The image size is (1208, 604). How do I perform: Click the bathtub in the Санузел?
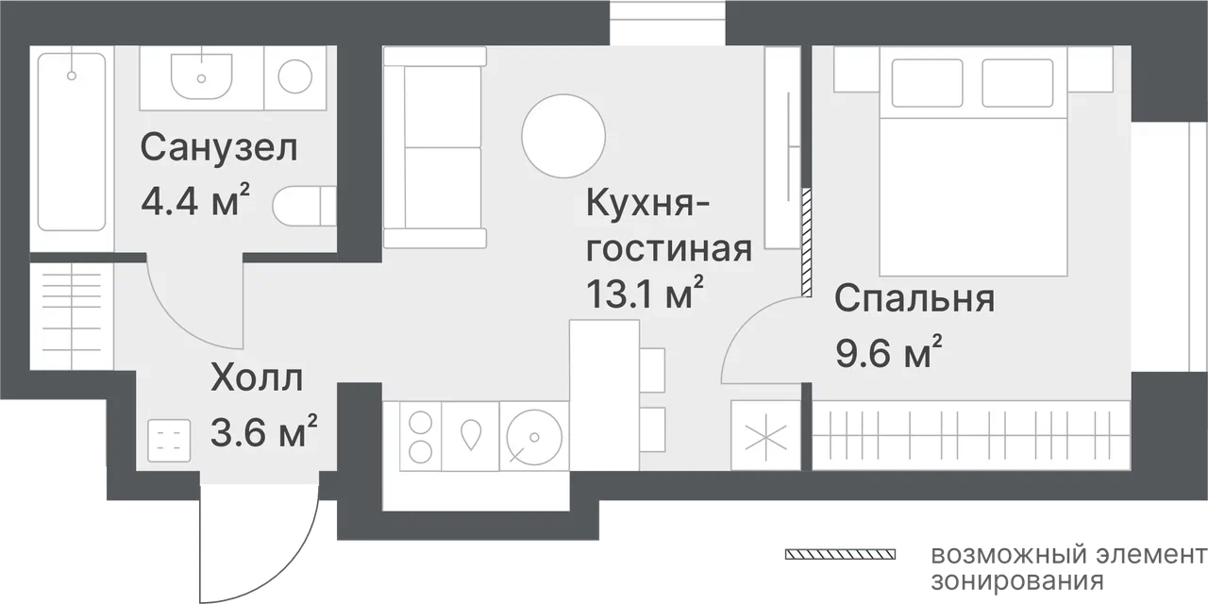coord(72,142)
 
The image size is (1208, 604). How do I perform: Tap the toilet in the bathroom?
coord(304,206)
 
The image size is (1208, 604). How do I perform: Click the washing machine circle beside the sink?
coord(295,76)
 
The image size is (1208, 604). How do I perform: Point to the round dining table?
coord(563,136)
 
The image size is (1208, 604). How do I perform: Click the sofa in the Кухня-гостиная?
coord(435,147)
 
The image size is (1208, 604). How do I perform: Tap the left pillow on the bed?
coord(927,83)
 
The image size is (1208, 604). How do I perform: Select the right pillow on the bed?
coord(1017,83)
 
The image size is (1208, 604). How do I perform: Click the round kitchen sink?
coord(534,437)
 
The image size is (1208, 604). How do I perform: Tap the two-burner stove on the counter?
coord(421,436)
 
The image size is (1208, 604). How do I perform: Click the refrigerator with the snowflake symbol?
coord(765,435)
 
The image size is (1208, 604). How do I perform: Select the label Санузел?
coord(219,147)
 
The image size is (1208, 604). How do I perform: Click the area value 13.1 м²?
coord(645,294)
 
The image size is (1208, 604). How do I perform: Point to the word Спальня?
coord(914,298)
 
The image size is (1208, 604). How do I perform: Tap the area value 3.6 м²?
coord(263,431)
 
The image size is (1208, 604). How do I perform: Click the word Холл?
coord(257,378)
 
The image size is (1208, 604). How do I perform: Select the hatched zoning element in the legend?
coord(840,554)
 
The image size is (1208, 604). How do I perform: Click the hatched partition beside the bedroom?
coord(806,242)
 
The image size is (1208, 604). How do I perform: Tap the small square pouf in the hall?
coord(169,441)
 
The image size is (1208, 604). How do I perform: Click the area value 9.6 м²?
coord(889,352)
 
